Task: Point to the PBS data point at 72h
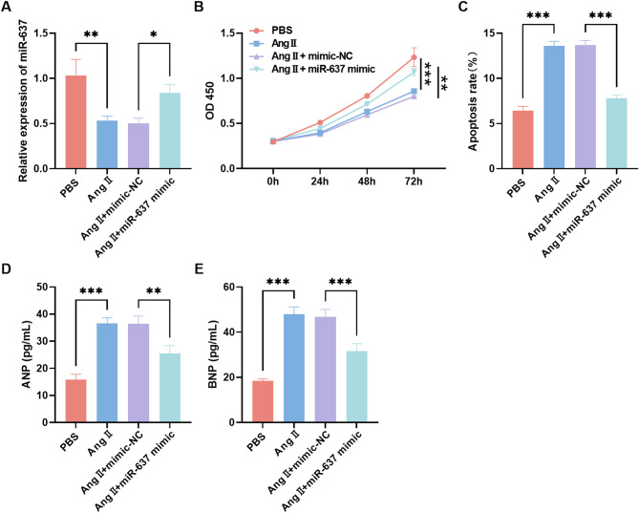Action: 414,57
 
